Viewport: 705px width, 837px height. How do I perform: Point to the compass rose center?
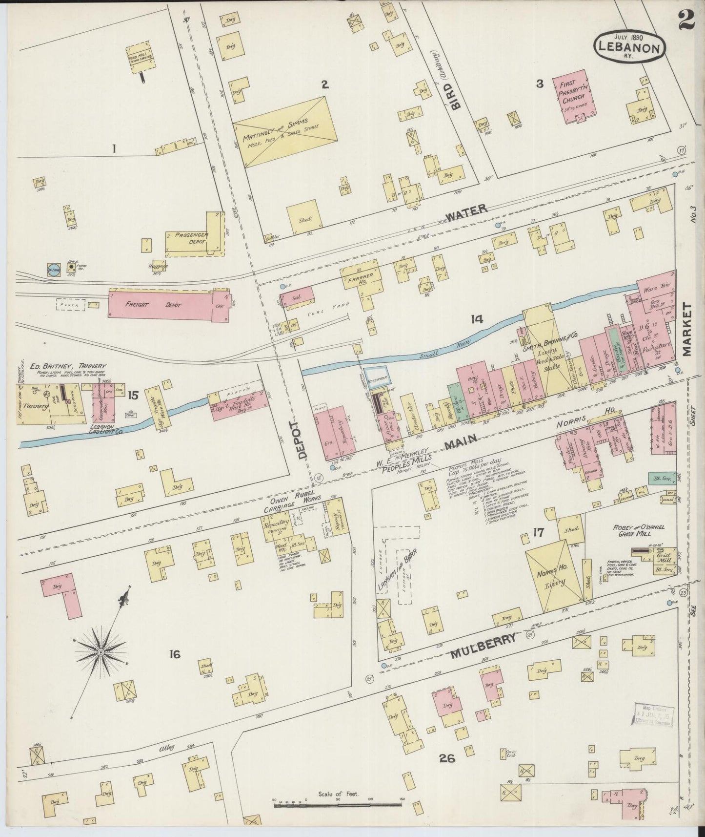(x=101, y=652)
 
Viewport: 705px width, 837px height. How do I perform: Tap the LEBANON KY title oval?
(x=629, y=46)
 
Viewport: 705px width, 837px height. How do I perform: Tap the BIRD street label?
(x=451, y=95)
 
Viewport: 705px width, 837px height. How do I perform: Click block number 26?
(x=446, y=758)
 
